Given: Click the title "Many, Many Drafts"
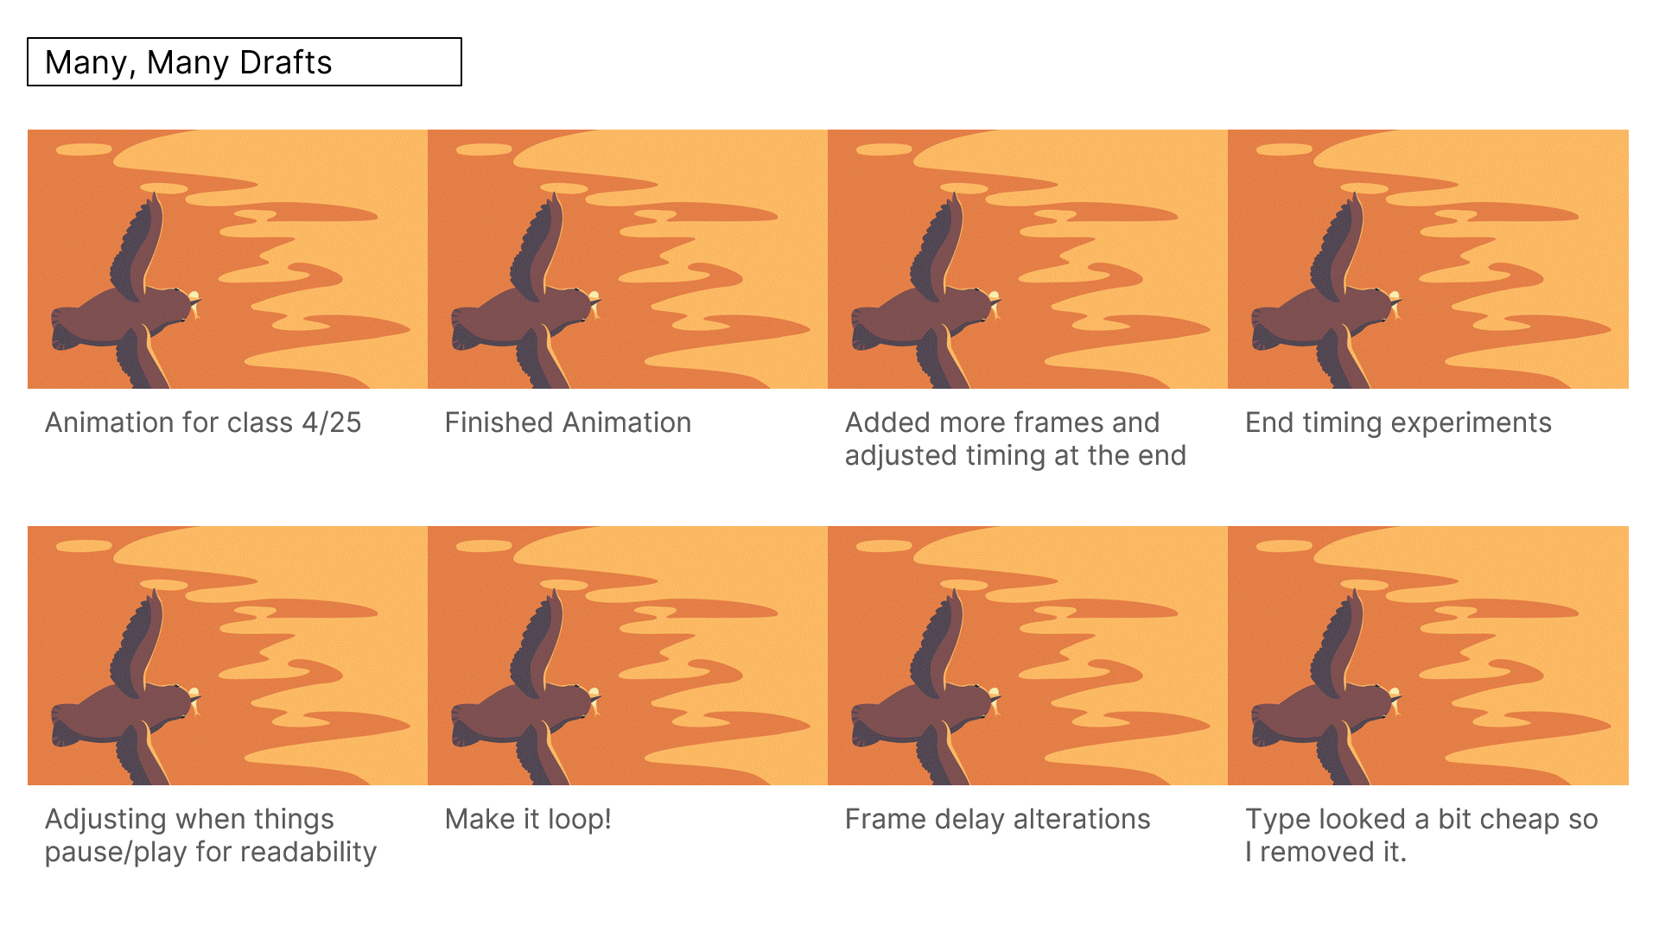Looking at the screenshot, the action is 188,62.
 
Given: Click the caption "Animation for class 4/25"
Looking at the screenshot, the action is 203,422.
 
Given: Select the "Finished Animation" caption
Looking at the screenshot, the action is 568,422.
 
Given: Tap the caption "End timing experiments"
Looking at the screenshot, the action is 1398,422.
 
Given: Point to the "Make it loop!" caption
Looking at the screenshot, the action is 528,819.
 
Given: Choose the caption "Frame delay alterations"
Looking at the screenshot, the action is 997,819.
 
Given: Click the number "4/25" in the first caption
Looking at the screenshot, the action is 332,422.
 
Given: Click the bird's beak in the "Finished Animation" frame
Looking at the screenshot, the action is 596,303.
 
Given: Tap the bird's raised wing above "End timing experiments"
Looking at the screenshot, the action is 1338,245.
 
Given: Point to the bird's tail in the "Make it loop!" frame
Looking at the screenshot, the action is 467,725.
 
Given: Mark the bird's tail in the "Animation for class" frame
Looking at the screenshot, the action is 67,328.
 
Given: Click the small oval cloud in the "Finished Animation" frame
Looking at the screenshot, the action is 484,149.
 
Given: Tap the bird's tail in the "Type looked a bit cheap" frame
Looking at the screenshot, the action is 1267,725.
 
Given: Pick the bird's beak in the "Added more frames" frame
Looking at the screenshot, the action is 996,303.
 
